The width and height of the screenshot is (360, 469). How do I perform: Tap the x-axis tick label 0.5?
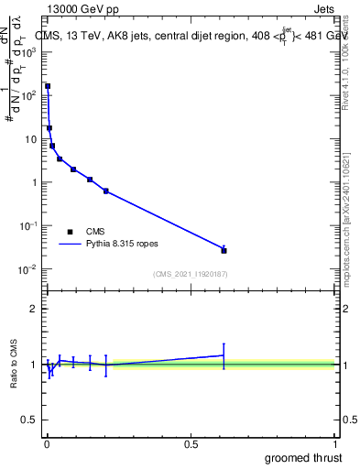tap(191, 444)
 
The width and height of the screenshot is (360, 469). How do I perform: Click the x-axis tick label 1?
tap(335, 444)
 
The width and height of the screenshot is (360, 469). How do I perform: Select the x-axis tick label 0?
tap(47, 444)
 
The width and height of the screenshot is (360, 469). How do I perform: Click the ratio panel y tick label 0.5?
tap(29, 420)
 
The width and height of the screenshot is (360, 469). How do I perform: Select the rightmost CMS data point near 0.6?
tap(224, 250)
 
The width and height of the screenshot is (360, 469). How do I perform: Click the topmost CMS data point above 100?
tap(48, 86)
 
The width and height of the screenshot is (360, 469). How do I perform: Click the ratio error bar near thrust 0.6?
tap(224, 355)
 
